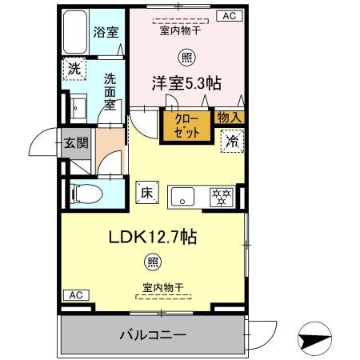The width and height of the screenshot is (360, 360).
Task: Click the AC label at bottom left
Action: tap(76, 295)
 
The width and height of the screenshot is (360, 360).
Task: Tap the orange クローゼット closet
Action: tap(186, 125)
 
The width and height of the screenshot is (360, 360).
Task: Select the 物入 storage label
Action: tap(229, 118)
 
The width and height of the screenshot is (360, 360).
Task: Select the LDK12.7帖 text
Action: tap(153, 237)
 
